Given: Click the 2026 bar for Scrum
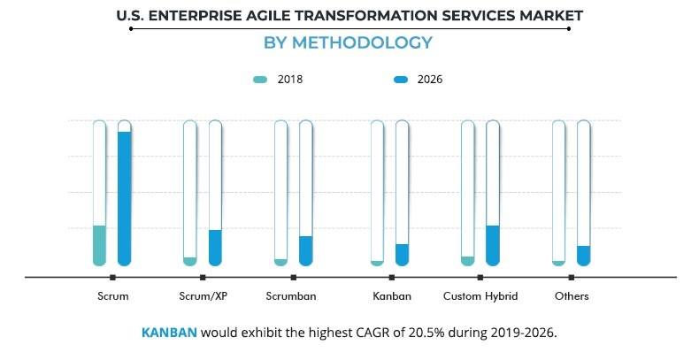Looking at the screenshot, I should (124, 198).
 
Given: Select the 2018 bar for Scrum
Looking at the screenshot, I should (99, 245).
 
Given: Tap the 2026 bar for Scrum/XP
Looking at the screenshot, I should (215, 248).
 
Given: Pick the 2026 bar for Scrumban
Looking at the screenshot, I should (306, 250).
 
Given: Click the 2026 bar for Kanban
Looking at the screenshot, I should (402, 255).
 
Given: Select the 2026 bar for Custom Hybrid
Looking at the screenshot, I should (493, 245).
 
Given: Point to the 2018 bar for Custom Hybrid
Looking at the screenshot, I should (467, 260).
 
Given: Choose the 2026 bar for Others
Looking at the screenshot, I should (583, 256).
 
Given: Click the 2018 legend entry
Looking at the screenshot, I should (278, 80).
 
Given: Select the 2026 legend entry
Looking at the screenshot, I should (418, 80).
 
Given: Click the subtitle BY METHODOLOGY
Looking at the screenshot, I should (349, 42).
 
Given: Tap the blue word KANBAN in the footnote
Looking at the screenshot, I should (169, 333).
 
